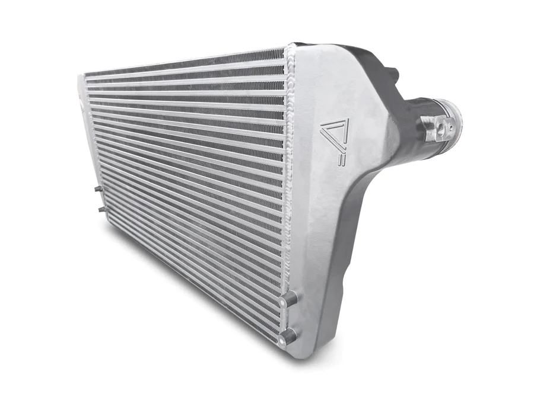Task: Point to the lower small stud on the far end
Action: coord(100,209)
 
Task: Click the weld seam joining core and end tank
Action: coord(288,178)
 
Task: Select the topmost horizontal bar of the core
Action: coord(184,65)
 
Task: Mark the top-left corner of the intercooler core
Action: coord(81,77)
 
